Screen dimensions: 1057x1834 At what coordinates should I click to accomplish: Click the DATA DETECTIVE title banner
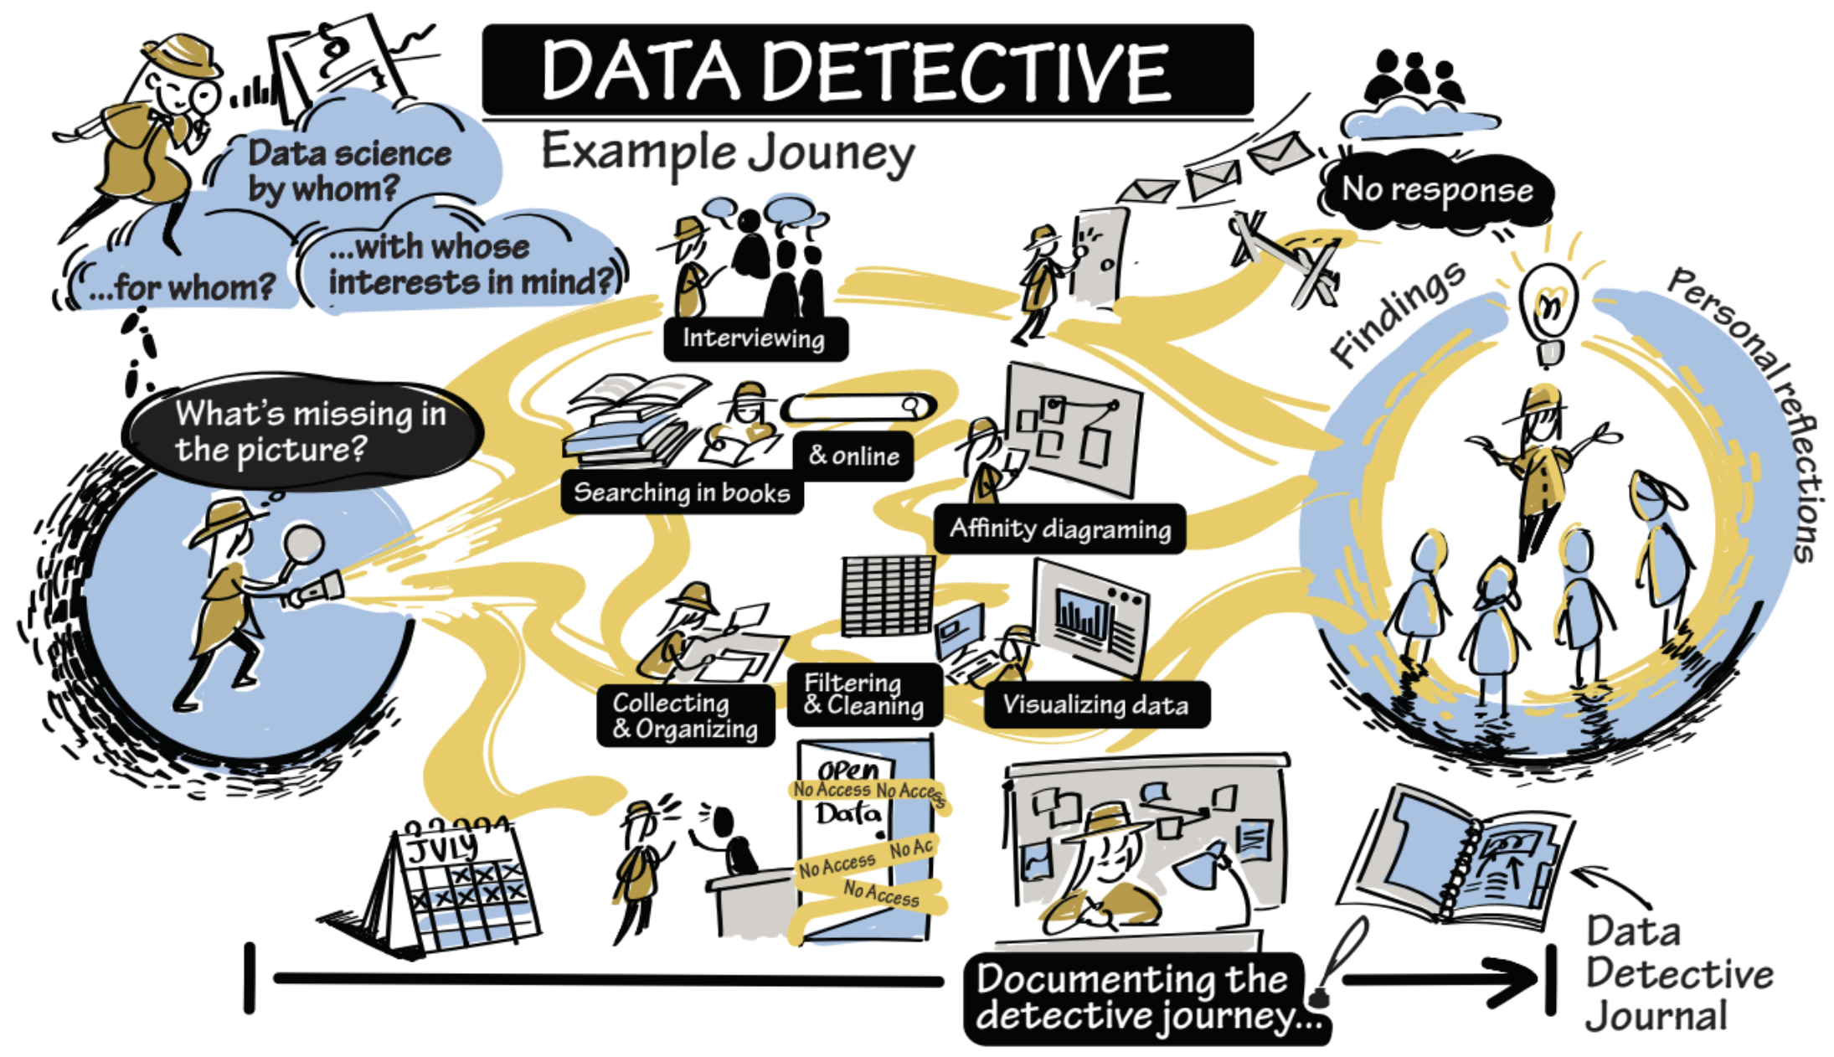click(x=867, y=70)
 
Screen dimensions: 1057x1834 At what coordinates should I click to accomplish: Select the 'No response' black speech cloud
click(x=1437, y=190)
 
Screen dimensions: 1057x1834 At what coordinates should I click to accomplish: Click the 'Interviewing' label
click(x=755, y=338)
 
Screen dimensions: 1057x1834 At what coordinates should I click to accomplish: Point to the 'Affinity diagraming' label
click(x=1059, y=528)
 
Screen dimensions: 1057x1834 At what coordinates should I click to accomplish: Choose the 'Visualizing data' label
click(x=1095, y=704)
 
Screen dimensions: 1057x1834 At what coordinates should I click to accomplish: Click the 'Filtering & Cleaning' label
click(x=863, y=694)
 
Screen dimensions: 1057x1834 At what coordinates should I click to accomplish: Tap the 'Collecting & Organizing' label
click(x=685, y=715)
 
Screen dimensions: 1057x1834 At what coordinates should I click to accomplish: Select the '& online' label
click(x=853, y=456)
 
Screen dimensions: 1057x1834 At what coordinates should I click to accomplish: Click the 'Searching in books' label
click(x=682, y=492)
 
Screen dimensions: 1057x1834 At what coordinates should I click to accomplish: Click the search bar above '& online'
click(x=858, y=408)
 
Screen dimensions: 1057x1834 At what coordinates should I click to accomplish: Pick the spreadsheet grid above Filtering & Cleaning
click(x=887, y=596)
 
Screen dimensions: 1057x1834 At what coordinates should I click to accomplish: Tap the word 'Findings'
click(x=1397, y=313)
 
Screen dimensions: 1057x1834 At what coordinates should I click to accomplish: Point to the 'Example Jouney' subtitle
click(x=728, y=154)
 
